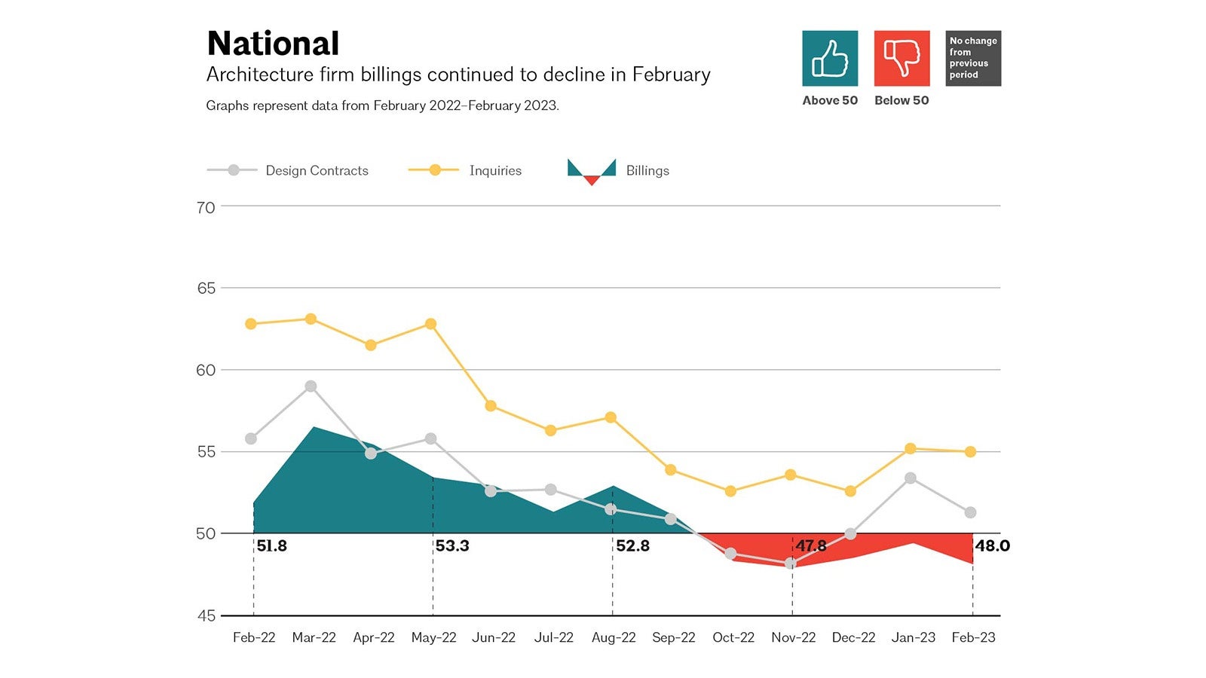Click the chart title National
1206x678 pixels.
pyautogui.click(x=273, y=44)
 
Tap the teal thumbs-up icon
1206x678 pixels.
pyautogui.click(x=830, y=59)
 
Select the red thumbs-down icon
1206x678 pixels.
pyautogui.click(x=901, y=59)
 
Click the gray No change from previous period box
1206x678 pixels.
pyautogui.click(x=973, y=59)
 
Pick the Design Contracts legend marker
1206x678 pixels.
pyautogui.click(x=234, y=170)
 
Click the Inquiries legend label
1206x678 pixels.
pyautogui.click(x=495, y=171)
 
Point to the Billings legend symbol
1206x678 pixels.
pyautogui.click(x=592, y=171)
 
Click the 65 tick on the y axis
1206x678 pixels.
pyautogui.click(x=206, y=289)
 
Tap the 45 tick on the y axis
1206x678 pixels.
pyautogui.click(x=206, y=616)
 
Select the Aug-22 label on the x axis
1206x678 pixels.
pyautogui.click(x=614, y=637)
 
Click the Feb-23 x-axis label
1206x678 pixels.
pyautogui.click(x=973, y=637)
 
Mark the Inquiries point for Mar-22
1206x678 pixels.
pyautogui.click(x=311, y=319)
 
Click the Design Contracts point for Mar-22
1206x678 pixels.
pyautogui.click(x=311, y=386)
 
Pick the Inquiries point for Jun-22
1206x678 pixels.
pyautogui.click(x=491, y=406)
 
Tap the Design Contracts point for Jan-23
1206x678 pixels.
pyautogui.click(x=911, y=478)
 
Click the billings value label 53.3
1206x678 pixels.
pyautogui.click(x=452, y=546)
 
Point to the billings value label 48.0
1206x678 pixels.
pyautogui.click(x=993, y=546)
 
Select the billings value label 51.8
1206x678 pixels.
pyautogui.click(x=272, y=546)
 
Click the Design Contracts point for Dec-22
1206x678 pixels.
pyautogui.click(x=851, y=534)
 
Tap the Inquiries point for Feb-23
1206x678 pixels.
pyautogui.click(x=971, y=452)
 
